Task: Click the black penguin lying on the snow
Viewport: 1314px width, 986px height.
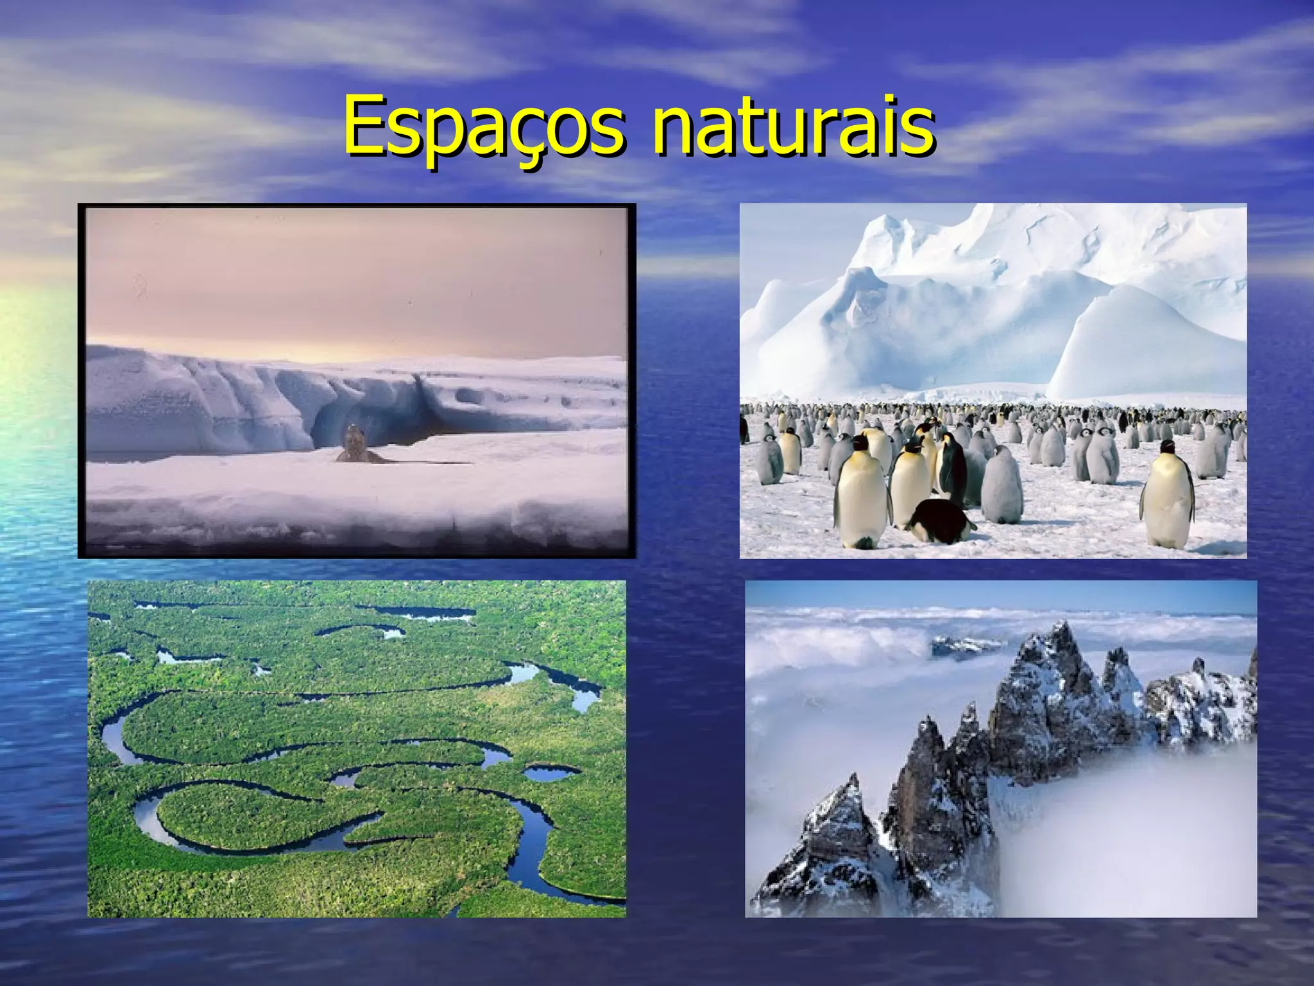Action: [x=940, y=520]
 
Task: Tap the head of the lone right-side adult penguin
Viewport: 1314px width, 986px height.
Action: [x=1167, y=447]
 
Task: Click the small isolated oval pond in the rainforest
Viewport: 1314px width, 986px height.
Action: [x=550, y=773]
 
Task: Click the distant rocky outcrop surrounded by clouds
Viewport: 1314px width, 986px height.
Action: [x=962, y=645]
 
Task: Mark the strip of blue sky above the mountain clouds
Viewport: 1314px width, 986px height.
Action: [x=1001, y=594]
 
